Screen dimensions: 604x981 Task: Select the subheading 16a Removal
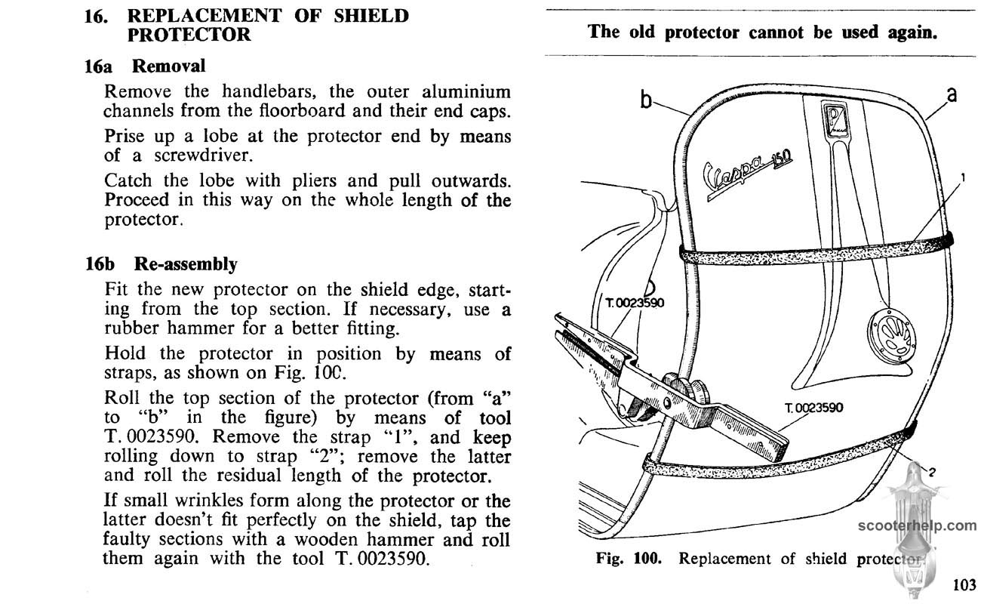(144, 66)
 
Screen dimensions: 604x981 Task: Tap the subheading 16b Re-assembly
(161, 264)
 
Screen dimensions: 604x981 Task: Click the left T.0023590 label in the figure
(635, 303)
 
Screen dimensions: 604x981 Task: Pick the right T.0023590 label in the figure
(814, 408)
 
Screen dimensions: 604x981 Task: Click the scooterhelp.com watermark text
(916, 525)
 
